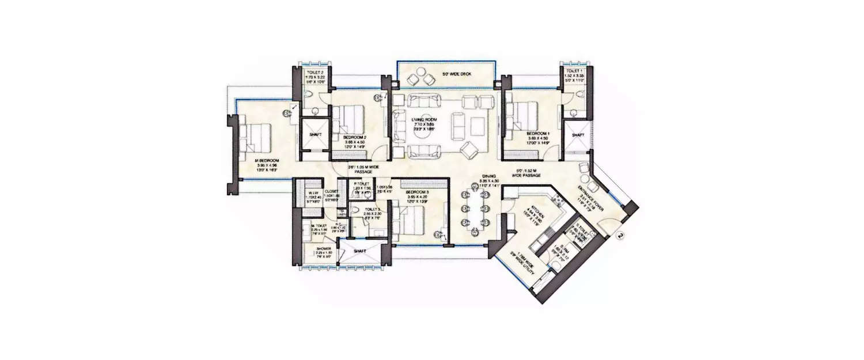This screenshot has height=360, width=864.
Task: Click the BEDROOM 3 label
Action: tap(417, 191)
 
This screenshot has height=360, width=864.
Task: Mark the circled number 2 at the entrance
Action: tap(620, 234)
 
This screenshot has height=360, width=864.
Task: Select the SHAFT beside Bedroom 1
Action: tap(577, 135)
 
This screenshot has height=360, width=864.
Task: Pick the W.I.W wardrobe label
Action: tap(313, 193)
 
